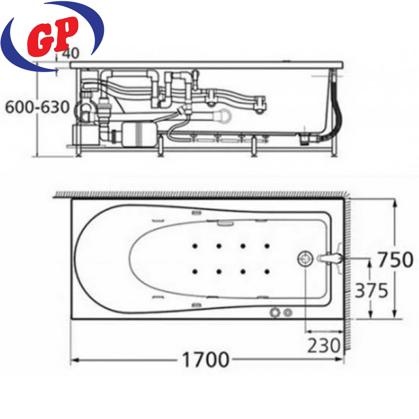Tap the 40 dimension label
tap(70, 53)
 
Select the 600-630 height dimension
tap(37, 107)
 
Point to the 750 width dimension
tap(396, 260)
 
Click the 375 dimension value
tap(371, 290)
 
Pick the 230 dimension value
tap(324, 346)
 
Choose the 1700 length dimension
tap(205, 360)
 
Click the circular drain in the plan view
tap(305, 259)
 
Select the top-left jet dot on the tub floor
tap(195, 246)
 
